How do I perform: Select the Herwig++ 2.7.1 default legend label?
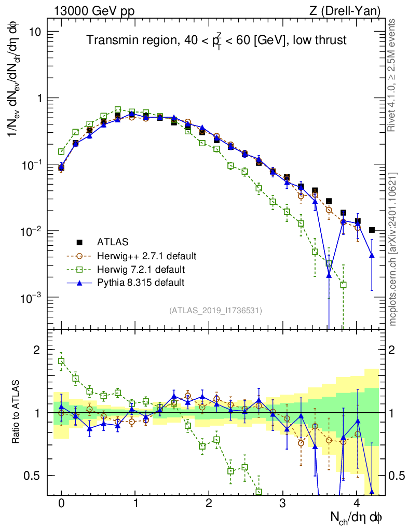[x=146, y=256]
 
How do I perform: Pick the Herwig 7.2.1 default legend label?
[x=141, y=269]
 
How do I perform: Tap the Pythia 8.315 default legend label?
[x=141, y=283]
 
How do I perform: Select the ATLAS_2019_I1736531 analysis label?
[x=215, y=311]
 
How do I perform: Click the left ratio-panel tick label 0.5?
[x=33, y=476]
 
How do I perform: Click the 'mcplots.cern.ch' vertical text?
[x=393, y=249]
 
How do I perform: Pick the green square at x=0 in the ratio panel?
[x=61, y=361]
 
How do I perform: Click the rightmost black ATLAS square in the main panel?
[x=372, y=230]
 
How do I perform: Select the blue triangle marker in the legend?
[x=79, y=283]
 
